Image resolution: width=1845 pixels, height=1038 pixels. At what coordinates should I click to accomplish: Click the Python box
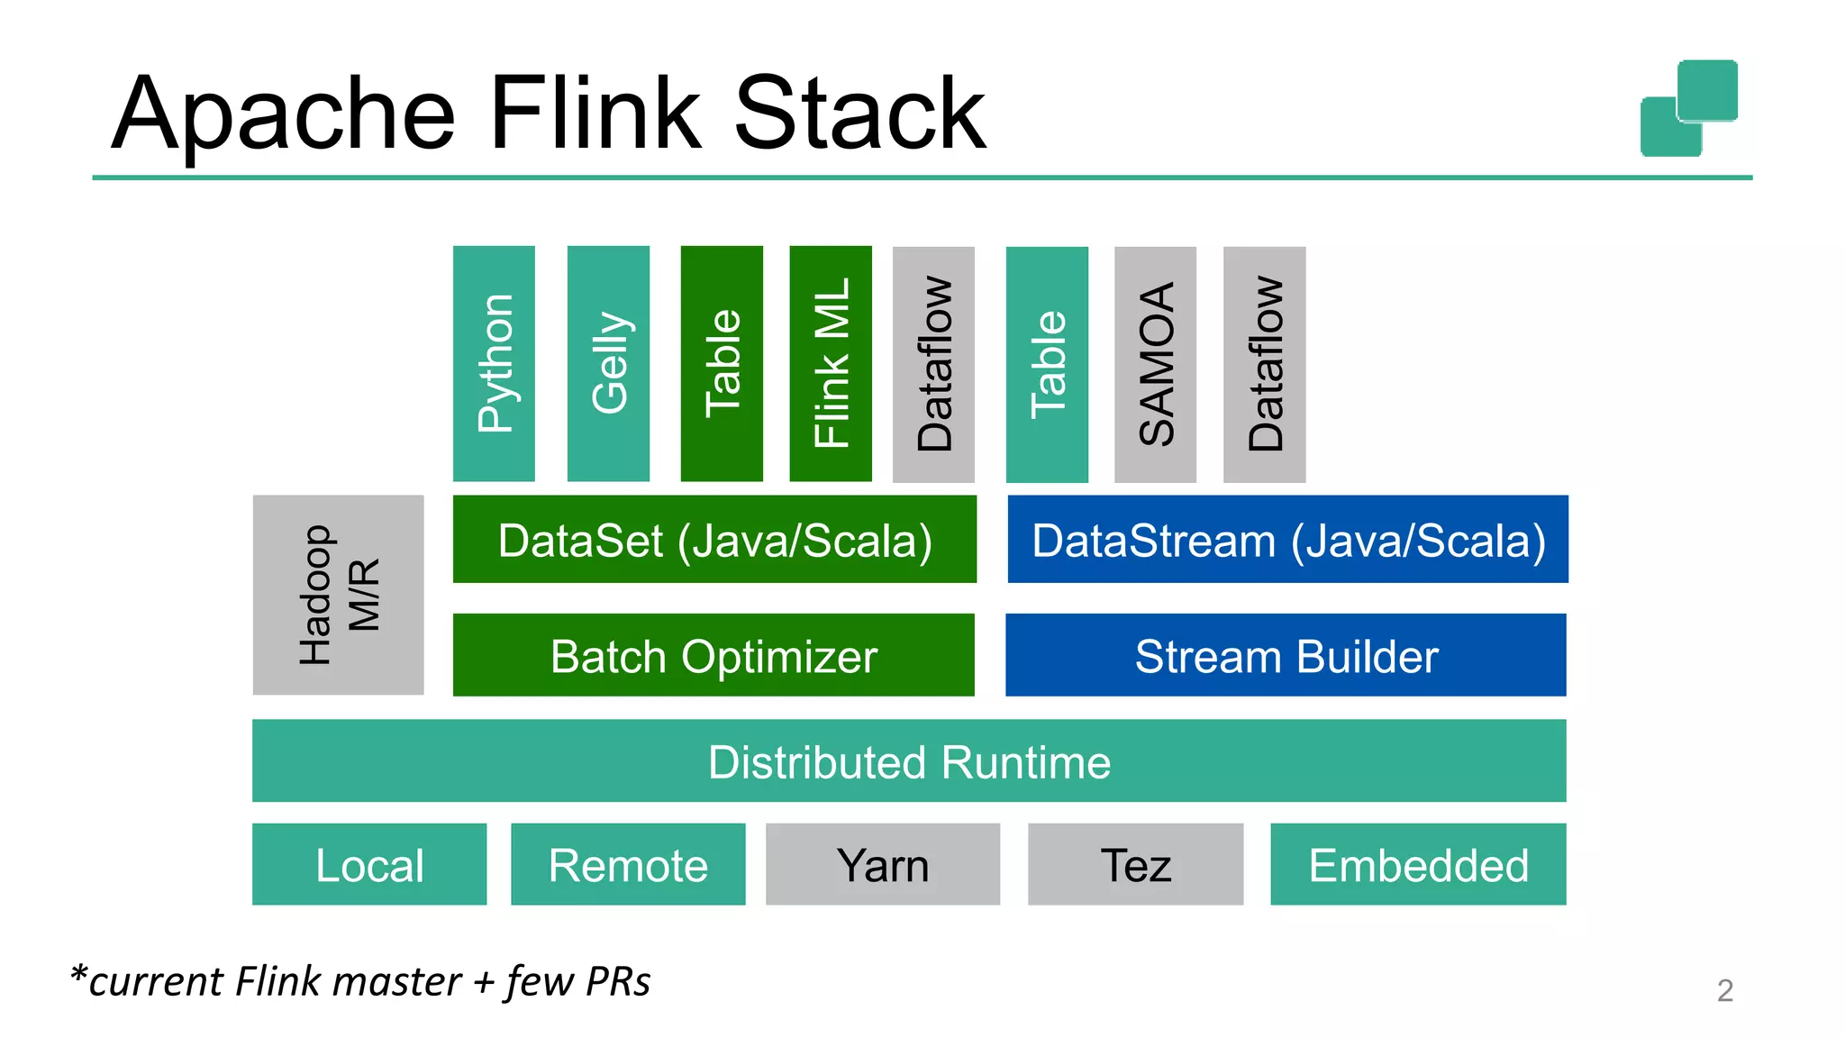pyautogui.click(x=494, y=364)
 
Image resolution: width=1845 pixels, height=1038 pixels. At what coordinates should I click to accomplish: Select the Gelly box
pyautogui.click(x=608, y=364)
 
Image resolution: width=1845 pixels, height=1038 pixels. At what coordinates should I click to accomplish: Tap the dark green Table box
pyautogui.click(x=722, y=364)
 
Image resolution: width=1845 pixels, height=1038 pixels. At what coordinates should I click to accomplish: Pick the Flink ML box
pyautogui.click(x=831, y=364)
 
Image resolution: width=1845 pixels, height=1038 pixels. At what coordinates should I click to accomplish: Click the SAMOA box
pyautogui.click(x=1155, y=364)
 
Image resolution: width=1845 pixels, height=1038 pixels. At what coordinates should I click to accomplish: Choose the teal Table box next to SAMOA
pyautogui.click(x=1047, y=364)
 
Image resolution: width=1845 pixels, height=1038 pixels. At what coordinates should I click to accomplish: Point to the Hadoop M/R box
pyautogui.click(x=338, y=595)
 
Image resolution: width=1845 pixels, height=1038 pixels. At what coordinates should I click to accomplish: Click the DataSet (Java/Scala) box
pyautogui.click(x=714, y=540)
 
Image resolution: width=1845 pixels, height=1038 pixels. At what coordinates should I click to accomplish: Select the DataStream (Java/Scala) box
pyautogui.click(x=1287, y=540)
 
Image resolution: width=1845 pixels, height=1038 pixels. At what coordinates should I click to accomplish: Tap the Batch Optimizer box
pyautogui.click(x=713, y=655)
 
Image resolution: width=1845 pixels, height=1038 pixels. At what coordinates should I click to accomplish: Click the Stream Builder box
pyautogui.click(x=1286, y=655)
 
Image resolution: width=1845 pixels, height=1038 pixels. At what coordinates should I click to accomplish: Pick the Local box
pyautogui.click(x=369, y=864)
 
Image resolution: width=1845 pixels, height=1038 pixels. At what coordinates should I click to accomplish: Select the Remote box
pyautogui.click(x=628, y=864)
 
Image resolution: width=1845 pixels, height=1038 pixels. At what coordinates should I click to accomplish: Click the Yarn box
pyautogui.click(x=883, y=864)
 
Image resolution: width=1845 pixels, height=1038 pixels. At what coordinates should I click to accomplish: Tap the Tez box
pyautogui.click(x=1135, y=864)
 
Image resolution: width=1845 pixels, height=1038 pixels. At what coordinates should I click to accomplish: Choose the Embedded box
pyautogui.click(x=1418, y=864)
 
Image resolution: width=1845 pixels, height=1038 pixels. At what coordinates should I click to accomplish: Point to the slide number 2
pyautogui.click(x=1724, y=990)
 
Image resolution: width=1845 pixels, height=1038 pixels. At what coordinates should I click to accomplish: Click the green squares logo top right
pyautogui.click(x=1689, y=108)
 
